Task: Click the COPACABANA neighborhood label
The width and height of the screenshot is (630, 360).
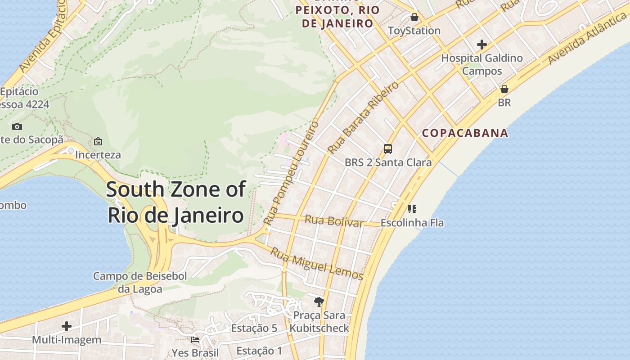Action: click(465, 133)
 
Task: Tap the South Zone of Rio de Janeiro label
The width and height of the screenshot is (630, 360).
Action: click(176, 202)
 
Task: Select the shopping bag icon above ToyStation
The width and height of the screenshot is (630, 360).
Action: click(414, 18)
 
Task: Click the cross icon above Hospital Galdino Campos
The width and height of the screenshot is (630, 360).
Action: click(482, 45)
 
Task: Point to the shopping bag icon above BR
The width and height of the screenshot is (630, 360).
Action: click(504, 89)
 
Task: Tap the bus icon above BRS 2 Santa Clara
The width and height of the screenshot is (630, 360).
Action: click(387, 149)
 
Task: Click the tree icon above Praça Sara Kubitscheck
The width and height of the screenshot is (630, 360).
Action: click(319, 301)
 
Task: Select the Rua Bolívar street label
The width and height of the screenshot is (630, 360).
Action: click(334, 221)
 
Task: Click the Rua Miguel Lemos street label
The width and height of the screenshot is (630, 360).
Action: click(316, 264)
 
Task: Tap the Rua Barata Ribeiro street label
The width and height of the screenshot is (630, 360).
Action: click(363, 117)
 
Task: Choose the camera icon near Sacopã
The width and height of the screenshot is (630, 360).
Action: click(17, 127)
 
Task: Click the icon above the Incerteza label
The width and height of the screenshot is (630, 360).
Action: click(98, 142)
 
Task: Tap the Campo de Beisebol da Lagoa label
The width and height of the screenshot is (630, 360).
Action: click(140, 283)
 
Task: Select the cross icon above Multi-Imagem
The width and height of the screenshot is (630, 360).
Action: click(67, 326)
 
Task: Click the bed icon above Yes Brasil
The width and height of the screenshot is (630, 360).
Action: click(195, 339)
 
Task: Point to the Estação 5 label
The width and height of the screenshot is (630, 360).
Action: click(254, 328)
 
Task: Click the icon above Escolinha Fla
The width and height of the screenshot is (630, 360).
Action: click(412, 209)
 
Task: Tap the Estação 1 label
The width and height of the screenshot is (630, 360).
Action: click(259, 351)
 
